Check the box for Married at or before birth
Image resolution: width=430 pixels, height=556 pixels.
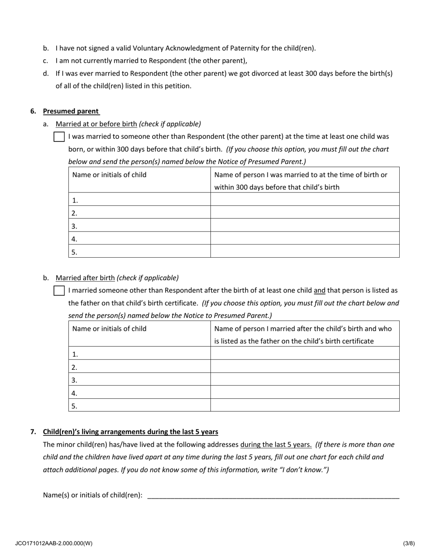[59, 137]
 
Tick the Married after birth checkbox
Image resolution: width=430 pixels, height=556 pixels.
[59, 291]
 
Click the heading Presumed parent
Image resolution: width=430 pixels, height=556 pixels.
[71, 111]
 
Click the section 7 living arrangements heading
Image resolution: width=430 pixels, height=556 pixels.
[130, 432]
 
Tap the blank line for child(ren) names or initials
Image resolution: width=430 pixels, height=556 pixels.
[273, 495]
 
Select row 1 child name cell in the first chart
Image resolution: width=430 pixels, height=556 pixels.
[139, 200]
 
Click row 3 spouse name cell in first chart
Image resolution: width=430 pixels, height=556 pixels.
[305, 226]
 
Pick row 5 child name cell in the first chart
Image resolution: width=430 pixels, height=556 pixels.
[139, 252]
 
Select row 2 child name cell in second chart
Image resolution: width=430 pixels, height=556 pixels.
[139, 367]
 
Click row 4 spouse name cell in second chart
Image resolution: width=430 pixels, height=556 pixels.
[305, 392]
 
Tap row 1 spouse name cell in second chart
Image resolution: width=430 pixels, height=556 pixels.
[305, 353]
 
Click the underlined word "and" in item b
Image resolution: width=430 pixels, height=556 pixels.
[320, 291]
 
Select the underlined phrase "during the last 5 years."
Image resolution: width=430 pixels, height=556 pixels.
[276, 444]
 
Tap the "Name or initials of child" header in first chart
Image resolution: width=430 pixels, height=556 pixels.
[110, 175]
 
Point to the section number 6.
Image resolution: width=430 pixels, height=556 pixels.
[33, 111]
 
